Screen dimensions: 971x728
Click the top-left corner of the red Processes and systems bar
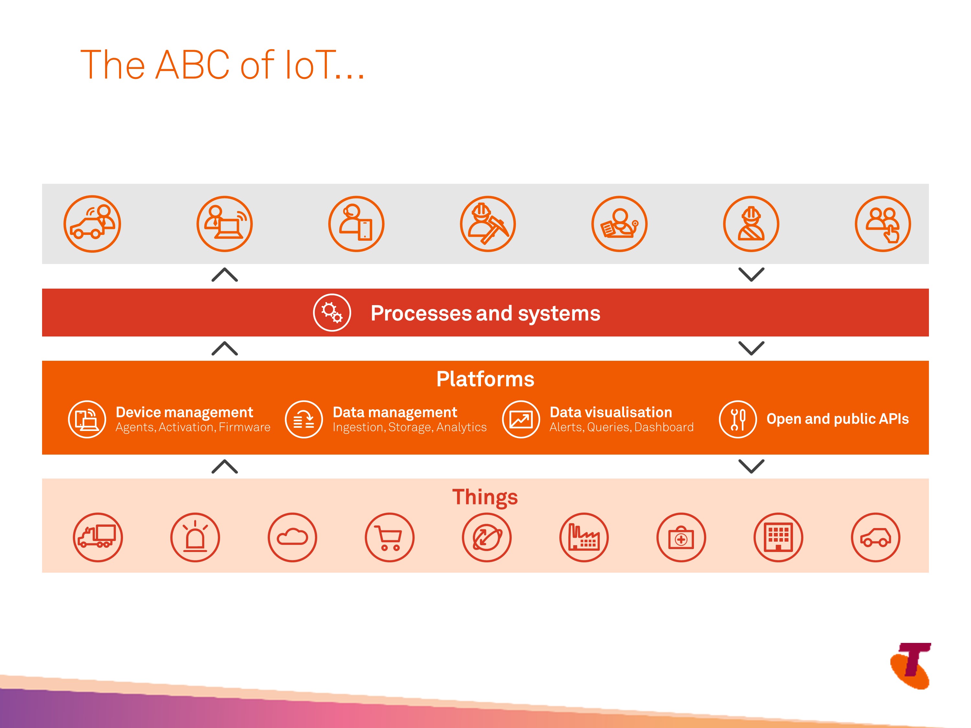coord(42,289)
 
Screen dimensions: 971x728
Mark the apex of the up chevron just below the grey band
coord(224,269)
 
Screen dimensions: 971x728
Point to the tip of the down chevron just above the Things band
coord(752,473)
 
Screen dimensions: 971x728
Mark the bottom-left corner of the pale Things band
coord(42,572)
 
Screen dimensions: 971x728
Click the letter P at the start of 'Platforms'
coord(442,379)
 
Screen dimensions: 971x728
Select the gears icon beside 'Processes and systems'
coord(332,313)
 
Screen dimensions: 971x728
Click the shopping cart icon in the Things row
coord(389,537)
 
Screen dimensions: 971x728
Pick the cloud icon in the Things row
coord(292,537)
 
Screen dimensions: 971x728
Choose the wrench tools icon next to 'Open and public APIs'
coord(737,419)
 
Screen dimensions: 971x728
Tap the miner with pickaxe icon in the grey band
coord(488,224)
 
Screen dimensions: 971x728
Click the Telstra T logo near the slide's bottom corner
coord(911,666)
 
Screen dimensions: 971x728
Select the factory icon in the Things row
coord(584,537)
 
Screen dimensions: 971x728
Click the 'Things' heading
coord(485,498)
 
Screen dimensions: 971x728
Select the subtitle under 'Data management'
coord(409,427)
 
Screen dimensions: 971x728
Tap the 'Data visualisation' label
coord(611,412)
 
